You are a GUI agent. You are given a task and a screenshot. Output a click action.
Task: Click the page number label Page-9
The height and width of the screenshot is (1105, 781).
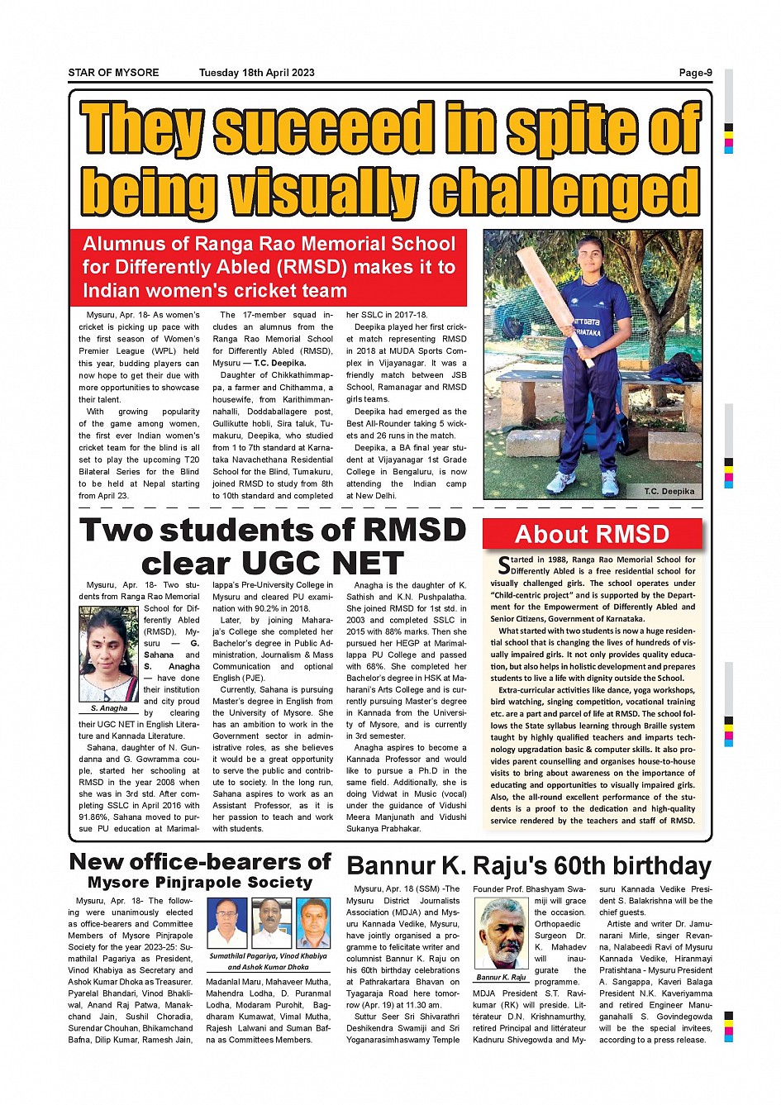point(695,73)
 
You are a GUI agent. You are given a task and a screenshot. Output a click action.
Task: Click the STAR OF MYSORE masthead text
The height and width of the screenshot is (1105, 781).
point(113,73)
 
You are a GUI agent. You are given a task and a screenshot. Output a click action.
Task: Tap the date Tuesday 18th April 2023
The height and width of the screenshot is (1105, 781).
point(256,73)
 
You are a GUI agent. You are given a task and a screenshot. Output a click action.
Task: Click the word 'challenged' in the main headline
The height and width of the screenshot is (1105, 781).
point(564,192)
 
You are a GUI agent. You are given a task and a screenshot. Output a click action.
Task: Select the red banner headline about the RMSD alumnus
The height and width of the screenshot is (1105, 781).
point(269,267)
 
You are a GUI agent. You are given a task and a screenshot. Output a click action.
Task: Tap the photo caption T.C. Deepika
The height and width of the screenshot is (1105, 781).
point(669,491)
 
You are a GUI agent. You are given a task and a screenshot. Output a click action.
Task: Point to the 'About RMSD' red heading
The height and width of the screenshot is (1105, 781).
point(592,534)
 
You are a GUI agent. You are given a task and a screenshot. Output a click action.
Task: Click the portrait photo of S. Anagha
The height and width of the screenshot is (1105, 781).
point(109,654)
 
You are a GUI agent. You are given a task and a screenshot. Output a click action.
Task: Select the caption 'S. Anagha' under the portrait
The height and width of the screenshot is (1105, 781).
point(109,708)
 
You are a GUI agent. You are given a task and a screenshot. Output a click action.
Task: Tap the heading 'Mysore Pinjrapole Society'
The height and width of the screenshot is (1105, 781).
point(200,883)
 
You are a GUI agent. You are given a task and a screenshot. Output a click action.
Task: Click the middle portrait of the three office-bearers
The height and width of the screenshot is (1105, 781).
point(270,923)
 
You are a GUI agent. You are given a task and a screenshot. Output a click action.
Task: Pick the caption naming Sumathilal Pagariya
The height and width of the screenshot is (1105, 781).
point(268,961)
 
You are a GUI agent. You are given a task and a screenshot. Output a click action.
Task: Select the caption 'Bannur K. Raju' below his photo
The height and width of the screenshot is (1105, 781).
point(502,977)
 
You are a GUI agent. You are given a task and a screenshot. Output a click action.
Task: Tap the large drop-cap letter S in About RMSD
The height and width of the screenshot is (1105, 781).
point(503,565)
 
